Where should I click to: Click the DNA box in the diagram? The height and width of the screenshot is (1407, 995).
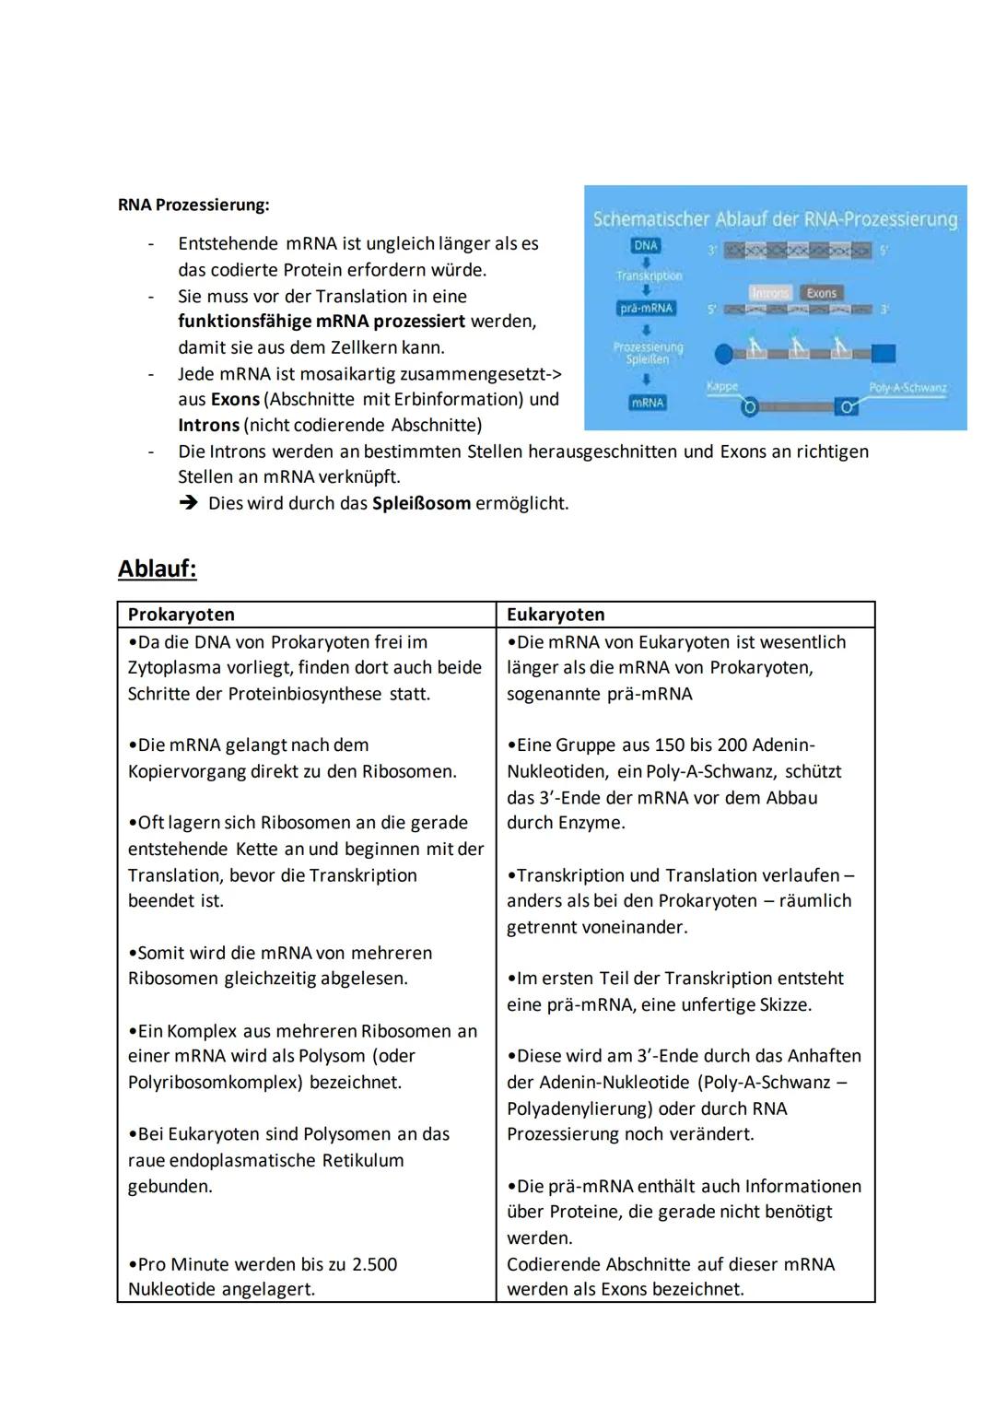click(x=646, y=246)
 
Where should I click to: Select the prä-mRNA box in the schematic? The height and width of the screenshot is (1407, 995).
click(x=646, y=309)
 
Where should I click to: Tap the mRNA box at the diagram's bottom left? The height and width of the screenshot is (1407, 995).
click(x=647, y=403)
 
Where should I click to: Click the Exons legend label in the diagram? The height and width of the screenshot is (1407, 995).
click(x=821, y=293)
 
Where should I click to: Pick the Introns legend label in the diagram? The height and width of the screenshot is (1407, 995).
click(x=770, y=293)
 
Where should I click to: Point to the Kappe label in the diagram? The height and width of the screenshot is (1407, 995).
click(x=722, y=386)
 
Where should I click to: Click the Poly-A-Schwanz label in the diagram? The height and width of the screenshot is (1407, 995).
click(x=907, y=387)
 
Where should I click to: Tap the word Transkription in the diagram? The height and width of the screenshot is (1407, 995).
click(x=649, y=276)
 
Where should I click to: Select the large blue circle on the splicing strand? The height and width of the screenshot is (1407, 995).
click(x=725, y=353)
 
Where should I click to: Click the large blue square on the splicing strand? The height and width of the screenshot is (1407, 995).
click(x=883, y=353)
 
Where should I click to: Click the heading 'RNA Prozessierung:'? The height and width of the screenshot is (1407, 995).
click(x=193, y=205)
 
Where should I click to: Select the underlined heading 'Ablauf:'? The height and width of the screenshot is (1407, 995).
click(x=158, y=569)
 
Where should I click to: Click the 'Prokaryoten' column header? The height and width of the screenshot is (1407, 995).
click(x=181, y=615)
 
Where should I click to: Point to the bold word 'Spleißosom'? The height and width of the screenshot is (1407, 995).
click(x=421, y=504)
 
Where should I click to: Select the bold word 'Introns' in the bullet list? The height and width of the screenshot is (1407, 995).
click(x=209, y=426)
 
